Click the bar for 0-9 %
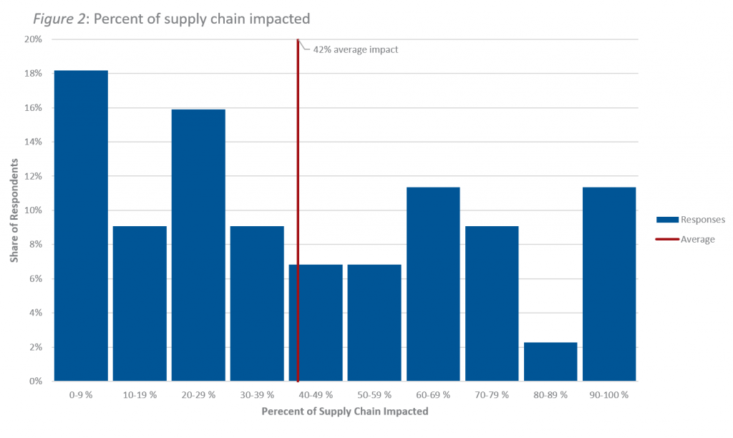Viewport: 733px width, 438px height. point(81,225)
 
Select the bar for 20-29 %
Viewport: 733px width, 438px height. point(198,245)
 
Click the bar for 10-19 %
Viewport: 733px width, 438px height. point(140,303)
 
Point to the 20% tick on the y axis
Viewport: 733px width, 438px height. point(33,39)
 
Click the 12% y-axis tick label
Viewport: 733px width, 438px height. point(33,176)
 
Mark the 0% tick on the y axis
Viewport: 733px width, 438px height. point(35,381)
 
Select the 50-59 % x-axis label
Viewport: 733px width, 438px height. point(374,394)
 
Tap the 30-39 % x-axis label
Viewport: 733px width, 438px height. point(257,394)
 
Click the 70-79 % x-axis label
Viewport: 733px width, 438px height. point(492,394)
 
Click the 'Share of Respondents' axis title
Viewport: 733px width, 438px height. point(14,210)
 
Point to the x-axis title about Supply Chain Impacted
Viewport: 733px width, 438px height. point(345,412)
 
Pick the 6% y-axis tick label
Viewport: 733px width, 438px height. point(35,279)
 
